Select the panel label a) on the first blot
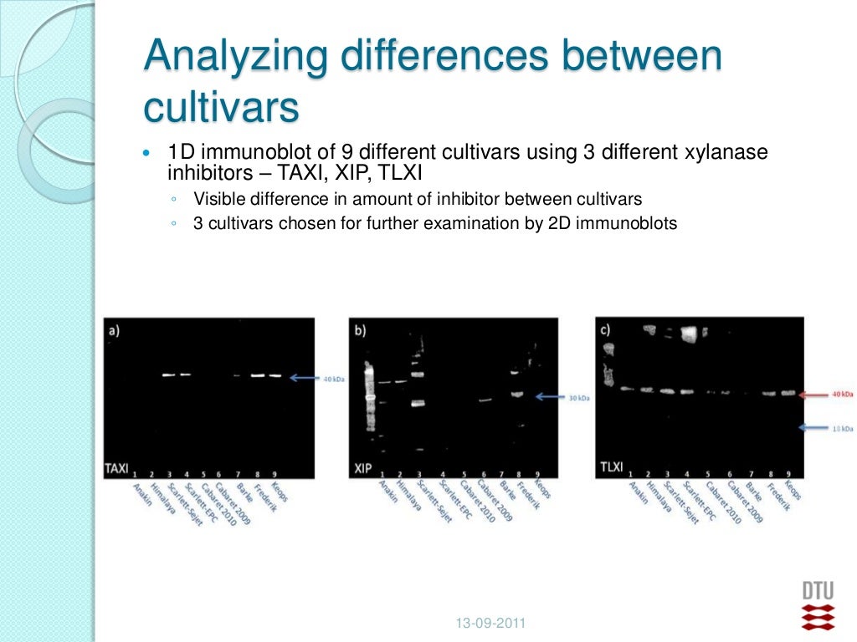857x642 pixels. (x=114, y=329)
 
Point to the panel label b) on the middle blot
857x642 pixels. (x=361, y=330)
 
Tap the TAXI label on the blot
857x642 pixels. (x=116, y=468)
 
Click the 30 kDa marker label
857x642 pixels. (x=579, y=399)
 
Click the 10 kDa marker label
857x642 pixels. (x=843, y=429)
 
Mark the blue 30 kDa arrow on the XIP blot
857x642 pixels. (x=551, y=398)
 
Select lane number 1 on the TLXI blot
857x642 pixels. (x=629, y=474)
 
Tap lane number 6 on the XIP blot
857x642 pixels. (x=483, y=474)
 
